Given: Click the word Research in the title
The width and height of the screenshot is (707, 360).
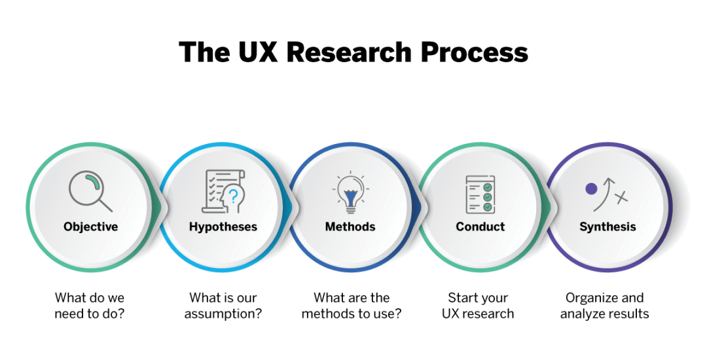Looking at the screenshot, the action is click(349, 52).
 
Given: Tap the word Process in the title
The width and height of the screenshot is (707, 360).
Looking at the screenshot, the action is click(475, 52).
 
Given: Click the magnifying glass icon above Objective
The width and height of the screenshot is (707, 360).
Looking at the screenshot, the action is click(90, 190).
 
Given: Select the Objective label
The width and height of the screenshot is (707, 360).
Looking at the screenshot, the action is click(90, 226).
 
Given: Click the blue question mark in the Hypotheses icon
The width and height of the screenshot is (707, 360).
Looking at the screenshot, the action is click(233, 196).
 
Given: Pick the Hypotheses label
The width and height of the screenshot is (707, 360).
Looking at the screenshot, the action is click(223, 226).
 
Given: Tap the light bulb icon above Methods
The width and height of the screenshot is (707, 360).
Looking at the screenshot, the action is click(351, 194).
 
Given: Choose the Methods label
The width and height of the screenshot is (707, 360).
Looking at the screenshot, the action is click(350, 226).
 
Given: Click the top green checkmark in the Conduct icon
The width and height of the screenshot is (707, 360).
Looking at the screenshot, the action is click(487, 187).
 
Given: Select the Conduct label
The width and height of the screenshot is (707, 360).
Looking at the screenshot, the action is click(480, 226).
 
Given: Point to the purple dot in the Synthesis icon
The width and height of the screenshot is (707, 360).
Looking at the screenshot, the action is click(591, 189).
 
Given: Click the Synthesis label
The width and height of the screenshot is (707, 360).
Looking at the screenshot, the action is click(607, 226).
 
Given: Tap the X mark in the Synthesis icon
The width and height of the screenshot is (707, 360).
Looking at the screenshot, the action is click(622, 197).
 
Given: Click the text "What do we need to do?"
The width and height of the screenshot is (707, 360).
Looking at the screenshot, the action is click(90, 306).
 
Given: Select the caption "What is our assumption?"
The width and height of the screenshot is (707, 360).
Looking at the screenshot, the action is click(223, 306).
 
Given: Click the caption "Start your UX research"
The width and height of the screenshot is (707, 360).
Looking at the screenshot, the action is click(478, 306).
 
